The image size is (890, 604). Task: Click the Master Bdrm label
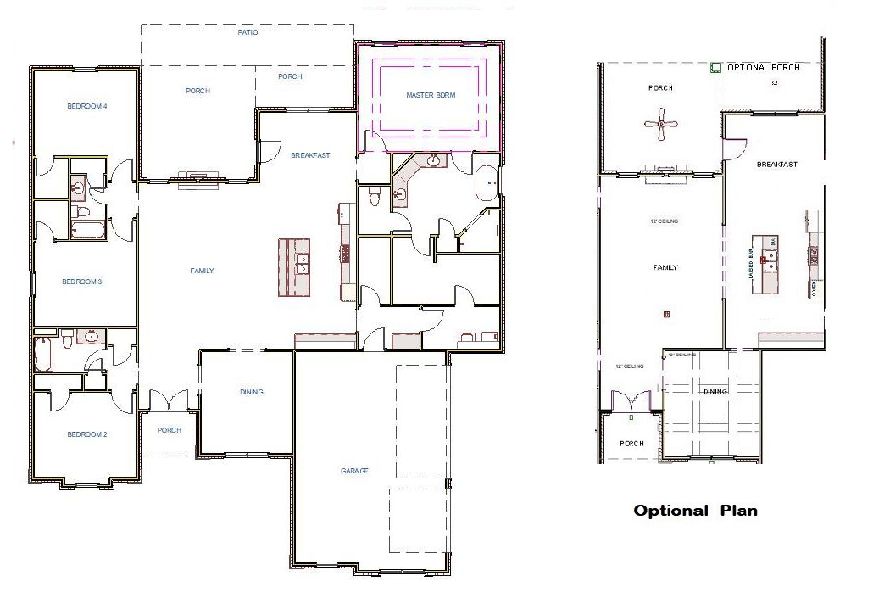click(431, 95)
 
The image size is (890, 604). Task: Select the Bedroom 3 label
click(81, 282)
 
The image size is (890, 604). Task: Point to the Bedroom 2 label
click(87, 434)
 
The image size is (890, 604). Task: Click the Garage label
click(354, 471)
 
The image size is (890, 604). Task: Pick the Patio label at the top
click(247, 33)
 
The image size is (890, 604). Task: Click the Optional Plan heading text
click(695, 511)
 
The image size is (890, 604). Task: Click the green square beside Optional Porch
click(715, 67)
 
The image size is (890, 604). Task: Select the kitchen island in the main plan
click(294, 267)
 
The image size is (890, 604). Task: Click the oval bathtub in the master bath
click(487, 183)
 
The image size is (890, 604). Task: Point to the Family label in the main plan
click(202, 271)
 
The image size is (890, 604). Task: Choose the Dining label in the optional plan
click(715, 391)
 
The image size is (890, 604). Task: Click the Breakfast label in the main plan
click(310, 155)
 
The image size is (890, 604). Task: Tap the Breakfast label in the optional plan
click(776, 165)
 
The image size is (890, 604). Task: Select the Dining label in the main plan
click(251, 392)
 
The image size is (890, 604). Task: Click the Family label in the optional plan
click(665, 267)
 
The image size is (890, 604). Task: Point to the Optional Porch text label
click(764, 68)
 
